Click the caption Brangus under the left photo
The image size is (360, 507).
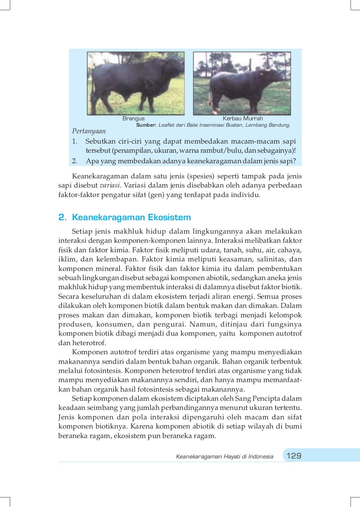pos(134,119)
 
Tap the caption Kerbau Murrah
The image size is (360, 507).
pos(243,119)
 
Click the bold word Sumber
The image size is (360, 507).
pos(146,125)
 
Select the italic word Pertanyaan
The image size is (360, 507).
pos(89,131)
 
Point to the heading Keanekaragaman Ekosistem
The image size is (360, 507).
pos(131,217)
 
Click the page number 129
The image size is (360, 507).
pos(294,456)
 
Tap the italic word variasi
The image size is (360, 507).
pos(110,185)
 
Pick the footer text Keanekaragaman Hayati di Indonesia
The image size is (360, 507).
pos(224,457)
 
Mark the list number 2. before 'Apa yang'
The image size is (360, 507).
pos(75,161)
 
